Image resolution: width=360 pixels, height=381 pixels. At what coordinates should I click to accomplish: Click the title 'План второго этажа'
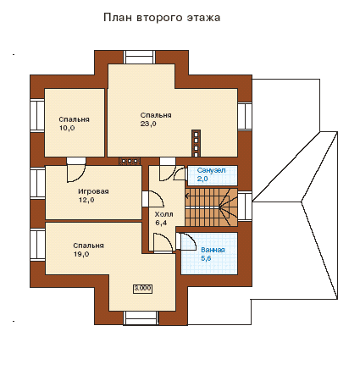[162, 18]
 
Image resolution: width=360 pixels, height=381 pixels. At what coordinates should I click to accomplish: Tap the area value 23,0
[148, 124]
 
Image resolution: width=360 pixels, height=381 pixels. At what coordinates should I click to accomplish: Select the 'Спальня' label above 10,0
[75, 119]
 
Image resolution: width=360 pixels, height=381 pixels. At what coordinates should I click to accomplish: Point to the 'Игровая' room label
[93, 191]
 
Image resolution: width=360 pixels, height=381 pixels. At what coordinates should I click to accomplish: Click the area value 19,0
[81, 254]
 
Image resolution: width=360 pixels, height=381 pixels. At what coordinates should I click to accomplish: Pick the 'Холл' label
[163, 214]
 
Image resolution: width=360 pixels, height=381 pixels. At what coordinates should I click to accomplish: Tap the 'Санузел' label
[211, 170]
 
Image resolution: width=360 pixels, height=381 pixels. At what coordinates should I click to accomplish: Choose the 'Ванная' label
[213, 250]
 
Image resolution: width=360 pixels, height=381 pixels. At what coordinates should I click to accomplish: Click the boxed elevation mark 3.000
[142, 289]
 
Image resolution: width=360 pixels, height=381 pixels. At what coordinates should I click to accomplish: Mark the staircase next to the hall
[211, 207]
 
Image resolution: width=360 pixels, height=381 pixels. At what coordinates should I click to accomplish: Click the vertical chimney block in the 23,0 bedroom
[196, 143]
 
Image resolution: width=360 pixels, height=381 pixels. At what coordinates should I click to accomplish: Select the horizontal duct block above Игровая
[130, 161]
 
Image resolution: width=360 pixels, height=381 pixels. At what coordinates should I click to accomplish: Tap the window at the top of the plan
[140, 58]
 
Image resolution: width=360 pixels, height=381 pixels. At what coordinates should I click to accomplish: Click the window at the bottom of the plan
[141, 317]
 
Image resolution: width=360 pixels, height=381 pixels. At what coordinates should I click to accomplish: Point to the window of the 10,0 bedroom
[37, 115]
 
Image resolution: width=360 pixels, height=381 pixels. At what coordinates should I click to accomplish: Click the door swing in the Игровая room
[76, 174]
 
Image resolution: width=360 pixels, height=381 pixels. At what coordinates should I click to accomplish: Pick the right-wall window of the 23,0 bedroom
[245, 116]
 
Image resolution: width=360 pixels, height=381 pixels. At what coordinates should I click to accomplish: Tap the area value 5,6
[206, 258]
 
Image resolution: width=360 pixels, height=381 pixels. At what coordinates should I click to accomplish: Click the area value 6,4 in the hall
[161, 223]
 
